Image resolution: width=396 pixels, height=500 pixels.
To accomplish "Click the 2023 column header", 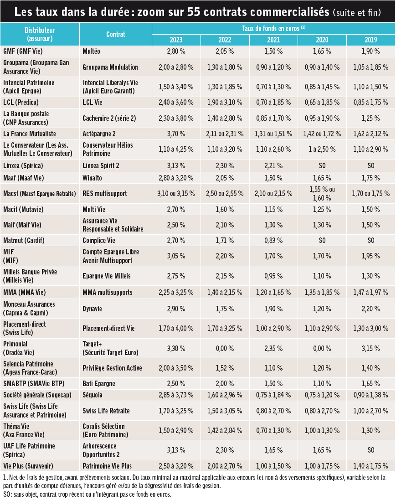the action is pos(176,40).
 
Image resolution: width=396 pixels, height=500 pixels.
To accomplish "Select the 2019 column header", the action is pos(370,40).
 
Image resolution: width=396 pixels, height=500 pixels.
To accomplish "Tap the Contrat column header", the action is pos(115,35).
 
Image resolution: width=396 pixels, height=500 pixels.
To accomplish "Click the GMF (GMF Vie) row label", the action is pos(23,52).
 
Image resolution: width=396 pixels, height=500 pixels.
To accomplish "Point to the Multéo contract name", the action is pos(91,52).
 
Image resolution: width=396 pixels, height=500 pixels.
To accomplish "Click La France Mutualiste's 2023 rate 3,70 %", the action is pos(176,134).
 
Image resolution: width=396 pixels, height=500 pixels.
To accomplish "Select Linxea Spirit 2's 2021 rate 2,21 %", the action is pos(273,166).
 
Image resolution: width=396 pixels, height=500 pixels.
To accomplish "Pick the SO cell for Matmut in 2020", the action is pos(322,241).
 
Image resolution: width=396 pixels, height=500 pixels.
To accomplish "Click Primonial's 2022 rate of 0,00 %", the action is pos(225,349).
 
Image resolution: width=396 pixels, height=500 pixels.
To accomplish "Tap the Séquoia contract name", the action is pos(93,395).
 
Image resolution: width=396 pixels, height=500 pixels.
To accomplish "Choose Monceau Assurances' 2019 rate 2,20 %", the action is pos(370,309).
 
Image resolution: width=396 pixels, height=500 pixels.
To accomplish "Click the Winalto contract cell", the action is pos(92,178).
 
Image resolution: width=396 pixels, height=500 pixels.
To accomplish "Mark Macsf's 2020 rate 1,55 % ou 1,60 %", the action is pos(322,194).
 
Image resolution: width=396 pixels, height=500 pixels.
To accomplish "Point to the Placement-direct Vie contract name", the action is pos(108,329).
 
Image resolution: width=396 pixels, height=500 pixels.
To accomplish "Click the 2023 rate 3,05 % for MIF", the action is pos(176,256).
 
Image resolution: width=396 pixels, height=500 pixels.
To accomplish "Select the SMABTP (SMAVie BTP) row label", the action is pos(34,384).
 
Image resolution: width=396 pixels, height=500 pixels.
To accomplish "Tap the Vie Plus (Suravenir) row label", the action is pos(28,466).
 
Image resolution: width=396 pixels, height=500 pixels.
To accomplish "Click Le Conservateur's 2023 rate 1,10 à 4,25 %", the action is pos(176,149).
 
